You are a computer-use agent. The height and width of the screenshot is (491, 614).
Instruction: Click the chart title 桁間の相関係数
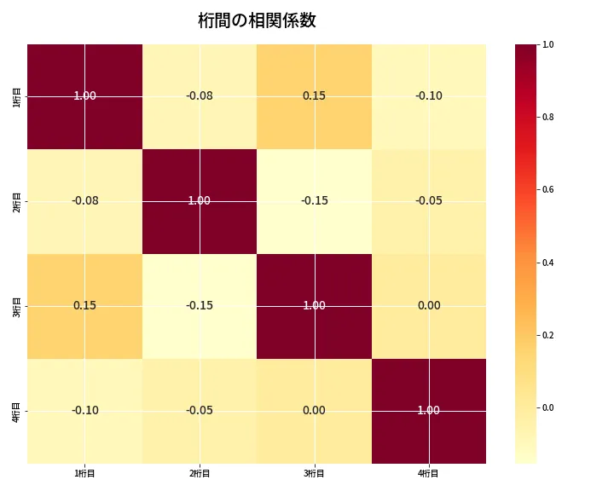pyautogui.click(x=257, y=20)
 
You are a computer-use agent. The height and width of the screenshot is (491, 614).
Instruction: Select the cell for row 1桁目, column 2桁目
pyautogui.click(x=200, y=96)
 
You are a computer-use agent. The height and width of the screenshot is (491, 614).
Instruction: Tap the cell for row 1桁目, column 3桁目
pyautogui.click(x=314, y=96)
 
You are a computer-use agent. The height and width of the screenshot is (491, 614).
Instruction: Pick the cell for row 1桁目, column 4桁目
pyautogui.click(x=429, y=96)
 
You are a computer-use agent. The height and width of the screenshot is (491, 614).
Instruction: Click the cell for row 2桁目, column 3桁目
pyautogui.click(x=314, y=201)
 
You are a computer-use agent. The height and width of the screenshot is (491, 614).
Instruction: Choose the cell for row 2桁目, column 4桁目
pyautogui.click(x=429, y=201)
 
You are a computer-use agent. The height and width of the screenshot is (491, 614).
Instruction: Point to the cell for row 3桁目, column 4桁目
pyautogui.click(x=429, y=306)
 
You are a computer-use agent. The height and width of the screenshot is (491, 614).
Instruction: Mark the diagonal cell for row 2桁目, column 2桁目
pyautogui.click(x=200, y=201)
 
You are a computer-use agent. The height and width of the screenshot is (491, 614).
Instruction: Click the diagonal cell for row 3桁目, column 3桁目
pyautogui.click(x=314, y=306)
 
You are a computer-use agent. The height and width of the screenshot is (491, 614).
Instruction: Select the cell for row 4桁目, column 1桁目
pyautogui.click(x=84, y=411)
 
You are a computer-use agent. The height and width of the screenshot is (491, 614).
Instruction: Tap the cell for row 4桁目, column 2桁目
pyautogui.click(x=200, y=411)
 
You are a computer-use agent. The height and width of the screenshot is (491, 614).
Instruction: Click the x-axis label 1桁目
pyautogui.click(x=84, y=473)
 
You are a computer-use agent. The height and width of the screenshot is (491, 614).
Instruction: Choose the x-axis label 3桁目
pyautogui.click(x=314, y=473)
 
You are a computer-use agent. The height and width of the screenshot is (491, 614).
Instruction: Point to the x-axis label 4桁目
pyautogui.click(x=429, y=473)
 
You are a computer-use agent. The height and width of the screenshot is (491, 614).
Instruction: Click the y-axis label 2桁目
pyautogui.click(x=17, y=201)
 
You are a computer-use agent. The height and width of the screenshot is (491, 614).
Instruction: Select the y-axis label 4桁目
pyautogui.click(x=17, y=411)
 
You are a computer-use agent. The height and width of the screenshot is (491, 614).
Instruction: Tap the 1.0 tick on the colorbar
pyautogui.click(x=547, y=44)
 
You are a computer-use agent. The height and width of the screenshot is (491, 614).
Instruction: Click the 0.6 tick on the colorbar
pyautogui.click(x=547, y=189)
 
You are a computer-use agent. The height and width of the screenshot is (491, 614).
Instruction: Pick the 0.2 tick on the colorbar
pyautogui.click(x=547, y=335)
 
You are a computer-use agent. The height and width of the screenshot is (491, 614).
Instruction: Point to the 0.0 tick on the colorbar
pyautogui.click(x=547, y=407)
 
